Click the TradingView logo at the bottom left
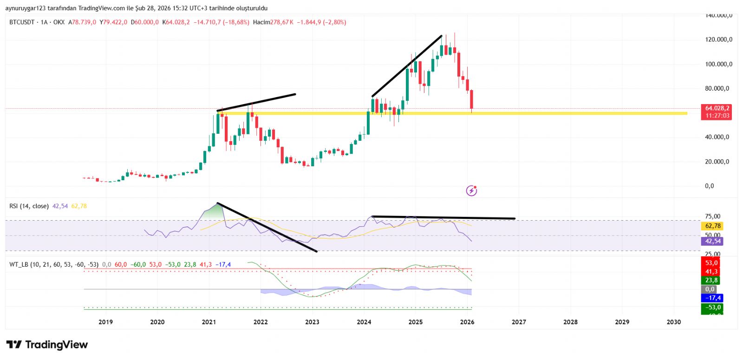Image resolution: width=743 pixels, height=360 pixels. (47, 345)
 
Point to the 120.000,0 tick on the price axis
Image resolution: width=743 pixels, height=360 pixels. (718, 39)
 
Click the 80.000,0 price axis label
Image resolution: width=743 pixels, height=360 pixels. (717, 88)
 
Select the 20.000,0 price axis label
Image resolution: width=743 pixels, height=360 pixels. (717, 162)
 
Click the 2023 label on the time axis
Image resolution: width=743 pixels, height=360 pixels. (312, 322)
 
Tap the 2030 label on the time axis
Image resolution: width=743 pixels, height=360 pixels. (673, 322)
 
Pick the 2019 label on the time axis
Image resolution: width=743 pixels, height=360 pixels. (105, 322)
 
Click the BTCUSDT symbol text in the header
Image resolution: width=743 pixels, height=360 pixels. (22, 22)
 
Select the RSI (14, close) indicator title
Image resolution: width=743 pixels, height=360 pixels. (29, 206)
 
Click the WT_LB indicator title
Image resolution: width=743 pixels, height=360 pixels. (19, 265)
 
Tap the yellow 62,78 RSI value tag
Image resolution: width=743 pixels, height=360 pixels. (713, 226)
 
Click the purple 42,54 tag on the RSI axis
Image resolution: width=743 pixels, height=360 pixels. (713, 241)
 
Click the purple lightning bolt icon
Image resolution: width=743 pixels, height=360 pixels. (471, 190)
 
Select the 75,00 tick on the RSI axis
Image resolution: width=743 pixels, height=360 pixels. (712, 216)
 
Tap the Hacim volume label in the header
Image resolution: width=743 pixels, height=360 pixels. (261, 22)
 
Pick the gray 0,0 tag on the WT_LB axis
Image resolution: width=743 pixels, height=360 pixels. (710, 289)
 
